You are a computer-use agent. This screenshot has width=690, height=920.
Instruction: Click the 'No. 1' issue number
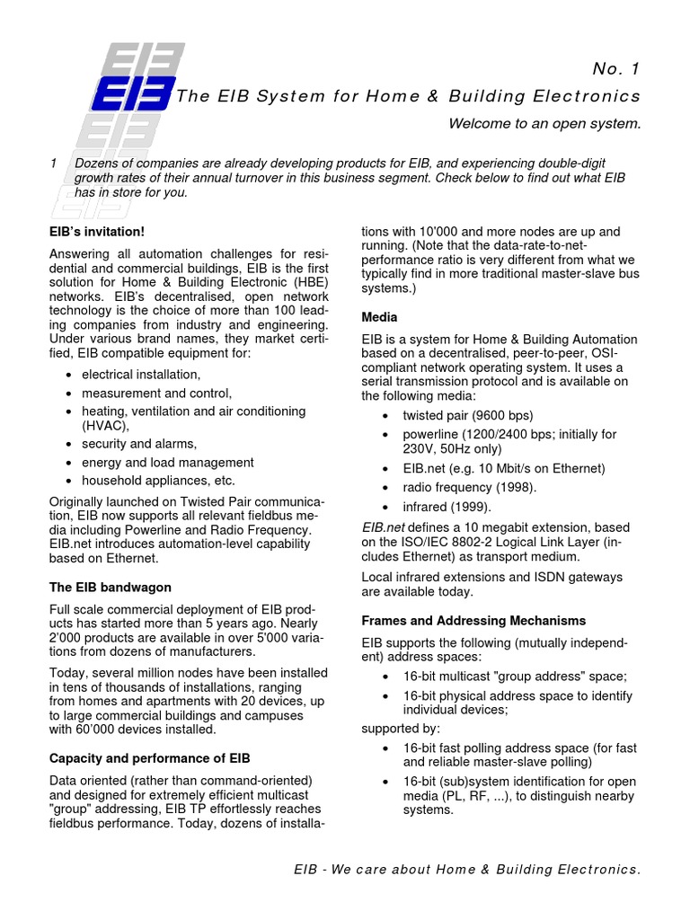tap(617, 69)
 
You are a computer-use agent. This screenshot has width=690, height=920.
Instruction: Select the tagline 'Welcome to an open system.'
tap(544, 124)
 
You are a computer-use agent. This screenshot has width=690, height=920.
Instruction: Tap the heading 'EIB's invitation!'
tap(97, 232)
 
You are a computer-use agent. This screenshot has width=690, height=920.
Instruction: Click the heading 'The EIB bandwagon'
tap(110, 587)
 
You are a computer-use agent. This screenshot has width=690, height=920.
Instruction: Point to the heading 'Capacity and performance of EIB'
tap(149, 758)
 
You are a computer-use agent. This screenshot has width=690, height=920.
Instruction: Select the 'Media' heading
tap(379, 317)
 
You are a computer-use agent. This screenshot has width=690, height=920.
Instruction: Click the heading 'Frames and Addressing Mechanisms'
tap(473, 621)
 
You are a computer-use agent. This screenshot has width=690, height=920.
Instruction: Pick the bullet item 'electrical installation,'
tap(141, 374)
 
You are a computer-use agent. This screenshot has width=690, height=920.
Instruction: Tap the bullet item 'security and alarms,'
tap(138, 444)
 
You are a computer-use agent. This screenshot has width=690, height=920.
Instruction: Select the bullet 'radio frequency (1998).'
tap(469, 487)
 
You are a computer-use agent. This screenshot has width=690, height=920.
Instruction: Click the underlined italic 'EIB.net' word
tap(382, 527)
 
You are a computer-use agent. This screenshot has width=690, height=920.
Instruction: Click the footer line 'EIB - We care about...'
tap(467, 870)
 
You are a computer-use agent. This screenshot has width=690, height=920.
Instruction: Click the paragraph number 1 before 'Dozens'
tap(54, 163)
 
